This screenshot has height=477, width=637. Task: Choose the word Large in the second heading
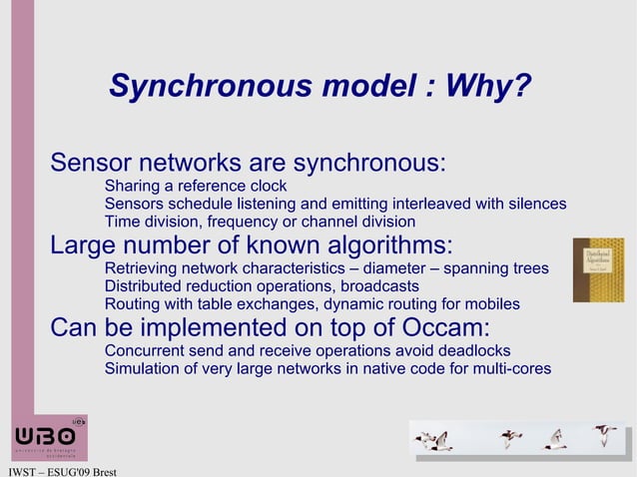pyautogui.click(x=83, y=245)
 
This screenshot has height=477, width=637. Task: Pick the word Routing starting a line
pyautogui.click(x=133, y=303)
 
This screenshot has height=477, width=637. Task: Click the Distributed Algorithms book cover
pyautogui.click(x=597, y=269)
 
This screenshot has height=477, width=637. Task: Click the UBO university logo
pyautogui.click(x=49, y=438)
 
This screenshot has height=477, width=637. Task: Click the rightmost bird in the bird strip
pyautogui.click(x=603, y=434)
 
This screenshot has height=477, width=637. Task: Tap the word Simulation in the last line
pyautogui.click(x=143, y=369)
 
